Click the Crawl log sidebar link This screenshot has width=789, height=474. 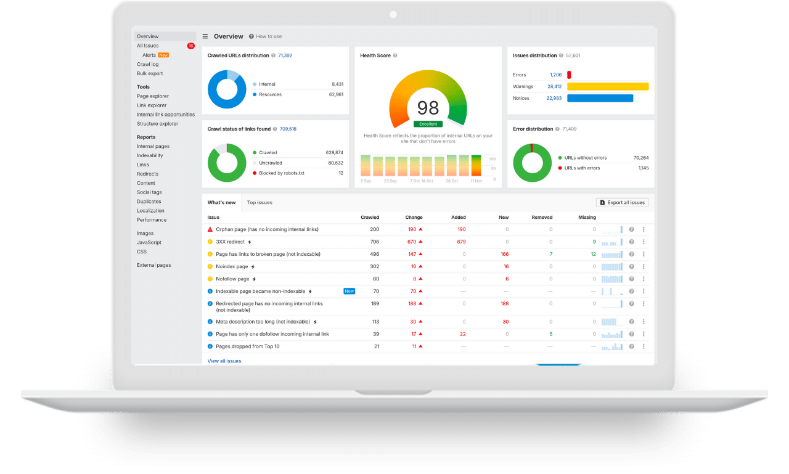[147, 64]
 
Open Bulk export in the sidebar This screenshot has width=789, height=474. [150, 73]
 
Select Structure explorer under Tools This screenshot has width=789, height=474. [157, 124]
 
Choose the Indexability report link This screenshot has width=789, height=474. [150, 155]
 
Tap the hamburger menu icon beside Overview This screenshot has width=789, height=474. [205, 36]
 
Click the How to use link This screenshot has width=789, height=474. [269, 36]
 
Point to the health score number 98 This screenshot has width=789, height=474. [428, 108]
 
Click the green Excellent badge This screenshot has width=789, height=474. [428, 124]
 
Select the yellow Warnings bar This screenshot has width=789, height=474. [608, 86]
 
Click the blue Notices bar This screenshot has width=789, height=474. [600, 98]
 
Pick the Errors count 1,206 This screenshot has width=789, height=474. [555, 75]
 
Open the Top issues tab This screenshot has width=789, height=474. [260, 202]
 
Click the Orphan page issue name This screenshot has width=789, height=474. [267, 229]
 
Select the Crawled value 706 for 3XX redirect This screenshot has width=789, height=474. [374, 242]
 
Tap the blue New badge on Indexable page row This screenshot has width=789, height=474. [349, 291]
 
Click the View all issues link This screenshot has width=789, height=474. [224, 361]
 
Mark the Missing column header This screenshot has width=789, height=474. [587, 217]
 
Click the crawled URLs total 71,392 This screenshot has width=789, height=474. [285, 55]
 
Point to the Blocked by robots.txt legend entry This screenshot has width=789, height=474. [282, 173]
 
